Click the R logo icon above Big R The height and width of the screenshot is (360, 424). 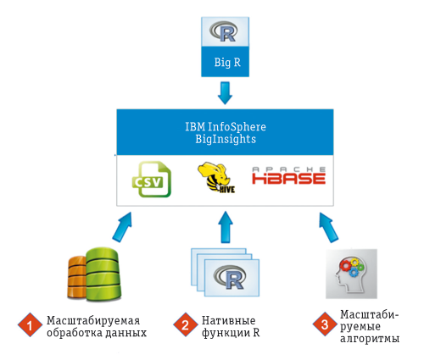click(226, 32)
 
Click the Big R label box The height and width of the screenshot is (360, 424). click(226, 63)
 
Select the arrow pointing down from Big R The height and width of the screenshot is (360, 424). click(226, 91)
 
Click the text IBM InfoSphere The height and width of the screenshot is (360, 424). click(225, 127)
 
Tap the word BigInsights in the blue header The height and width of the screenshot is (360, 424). click(225, 140)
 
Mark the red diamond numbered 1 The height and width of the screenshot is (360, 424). click(30, 325)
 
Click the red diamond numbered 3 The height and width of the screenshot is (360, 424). click(321, 325)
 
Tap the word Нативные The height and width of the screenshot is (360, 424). click(228, 319)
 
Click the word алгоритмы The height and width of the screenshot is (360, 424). click(367, 339)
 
